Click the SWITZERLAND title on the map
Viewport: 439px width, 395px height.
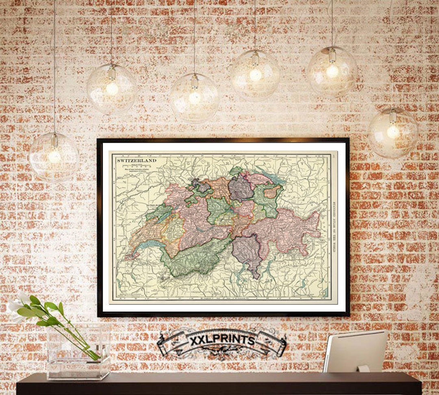point(137,161)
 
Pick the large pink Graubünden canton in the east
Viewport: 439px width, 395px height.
point(285,230)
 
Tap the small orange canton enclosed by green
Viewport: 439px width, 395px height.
point(272,192)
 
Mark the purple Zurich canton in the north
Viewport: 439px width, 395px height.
point(240,188)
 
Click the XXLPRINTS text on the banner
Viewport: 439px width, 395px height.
point(222,341)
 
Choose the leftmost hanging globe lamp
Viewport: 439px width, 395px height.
point(54,156)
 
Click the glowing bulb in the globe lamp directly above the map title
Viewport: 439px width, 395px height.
point(111,89)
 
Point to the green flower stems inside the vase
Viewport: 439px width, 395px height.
point(81,341)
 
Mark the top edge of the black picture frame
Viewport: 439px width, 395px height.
point(223,140)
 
